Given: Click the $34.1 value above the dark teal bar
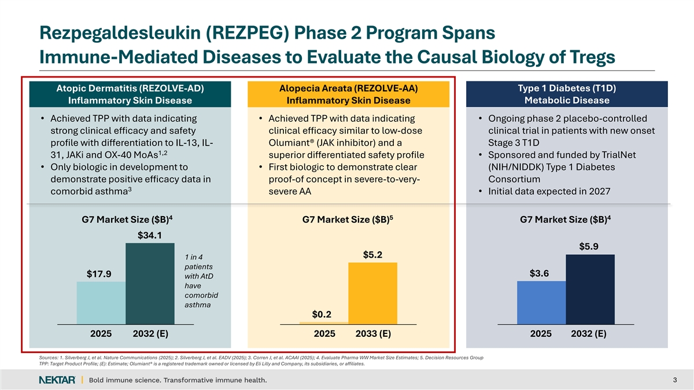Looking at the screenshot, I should point(149,235).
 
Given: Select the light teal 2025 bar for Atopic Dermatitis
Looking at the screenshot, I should point(101,303).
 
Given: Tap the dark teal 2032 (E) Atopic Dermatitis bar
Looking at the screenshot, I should point(150,283).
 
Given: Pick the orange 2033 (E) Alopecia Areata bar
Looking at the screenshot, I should point(372,293).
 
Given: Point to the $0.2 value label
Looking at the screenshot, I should point(322,314).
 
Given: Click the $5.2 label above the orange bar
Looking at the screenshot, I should point(372,255).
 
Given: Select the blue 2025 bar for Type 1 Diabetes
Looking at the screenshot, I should point(541,302).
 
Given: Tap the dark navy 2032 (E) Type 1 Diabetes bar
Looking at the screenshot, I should point(589,289).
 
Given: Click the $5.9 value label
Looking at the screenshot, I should point(589,247).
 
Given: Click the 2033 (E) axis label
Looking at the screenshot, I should point(372,334).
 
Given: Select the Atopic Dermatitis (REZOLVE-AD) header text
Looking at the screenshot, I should point(130,88).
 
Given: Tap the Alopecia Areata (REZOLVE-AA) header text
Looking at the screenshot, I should point(348,88).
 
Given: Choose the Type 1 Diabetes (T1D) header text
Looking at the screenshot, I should point(567,88).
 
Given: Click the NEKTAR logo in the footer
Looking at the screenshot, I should point(56,380).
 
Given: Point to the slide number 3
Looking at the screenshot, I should point(675,380).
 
